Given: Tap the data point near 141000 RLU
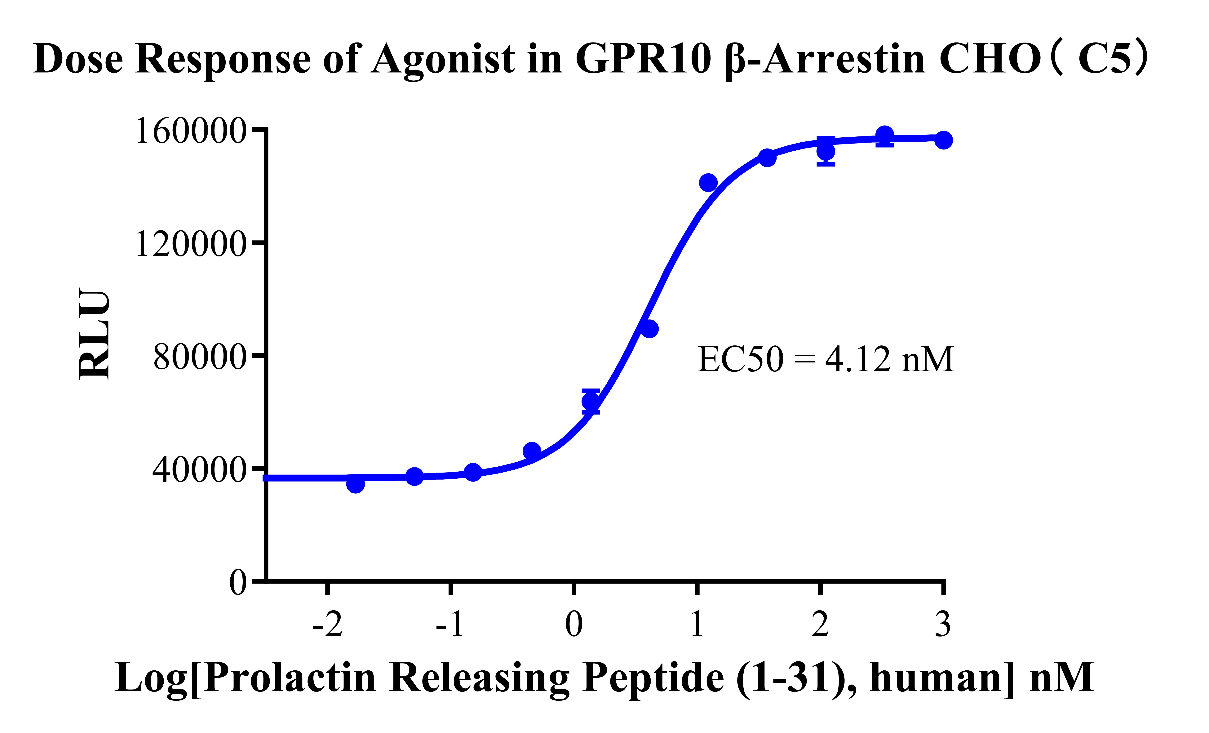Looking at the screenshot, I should (708, 183).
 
